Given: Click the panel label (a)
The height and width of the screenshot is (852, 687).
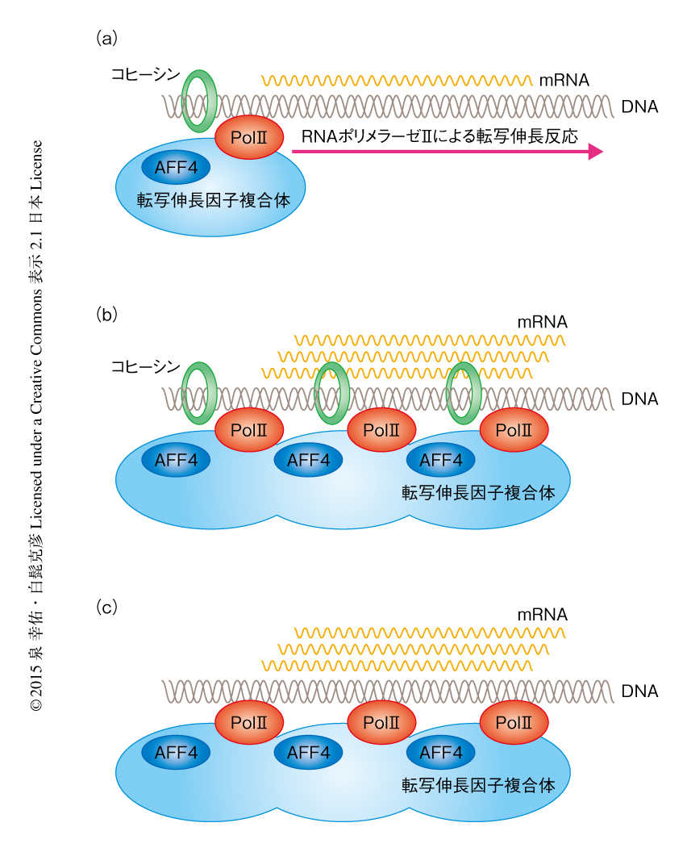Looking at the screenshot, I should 107,37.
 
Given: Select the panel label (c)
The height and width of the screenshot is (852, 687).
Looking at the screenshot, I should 107,608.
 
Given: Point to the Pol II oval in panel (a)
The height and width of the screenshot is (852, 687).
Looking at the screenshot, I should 249,138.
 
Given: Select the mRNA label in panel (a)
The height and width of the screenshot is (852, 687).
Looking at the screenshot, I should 564,80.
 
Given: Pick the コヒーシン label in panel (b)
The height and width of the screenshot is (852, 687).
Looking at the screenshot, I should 146,367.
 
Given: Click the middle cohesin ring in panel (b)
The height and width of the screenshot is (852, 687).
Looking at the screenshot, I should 331,393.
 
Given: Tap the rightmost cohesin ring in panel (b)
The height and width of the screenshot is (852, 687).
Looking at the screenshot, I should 464,393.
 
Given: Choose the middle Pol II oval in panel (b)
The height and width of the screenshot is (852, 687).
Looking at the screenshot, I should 381,430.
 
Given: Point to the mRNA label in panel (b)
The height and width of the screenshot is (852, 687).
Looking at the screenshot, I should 543,322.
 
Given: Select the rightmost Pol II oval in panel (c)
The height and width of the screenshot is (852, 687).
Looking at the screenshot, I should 514,722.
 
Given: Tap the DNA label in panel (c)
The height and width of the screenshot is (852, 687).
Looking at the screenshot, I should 640,691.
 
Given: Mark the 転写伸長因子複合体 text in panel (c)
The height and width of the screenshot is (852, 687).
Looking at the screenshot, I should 478,784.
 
